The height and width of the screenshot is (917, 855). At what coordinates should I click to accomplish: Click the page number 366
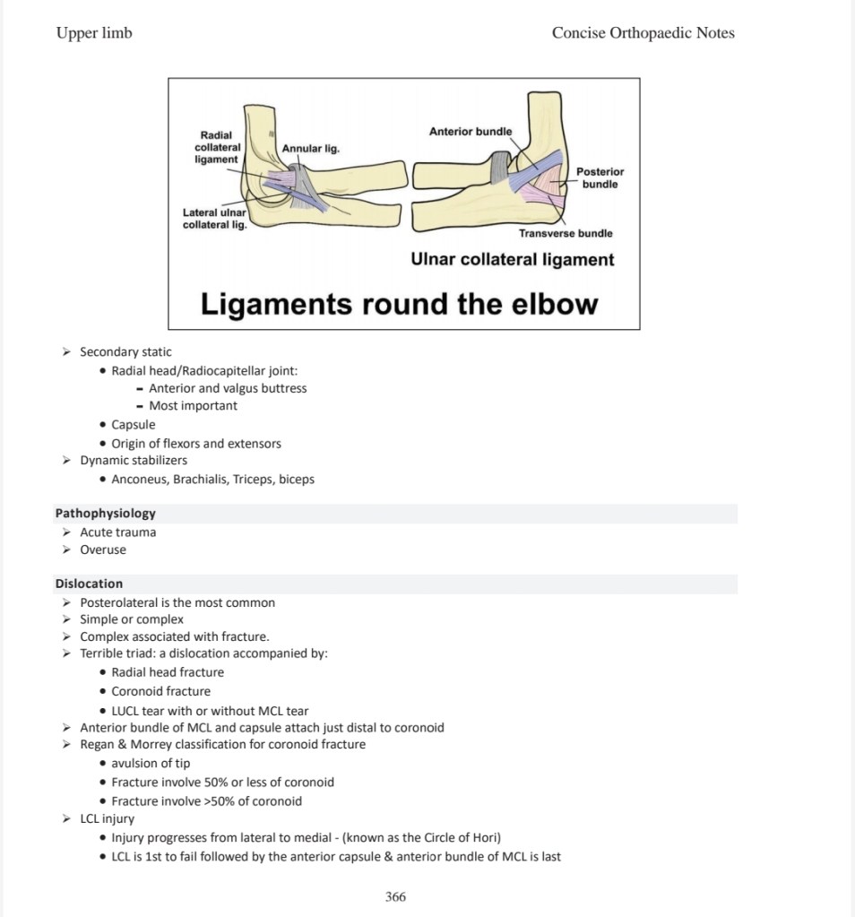click(395, 896)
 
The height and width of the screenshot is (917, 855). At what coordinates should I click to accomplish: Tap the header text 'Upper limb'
click(94, 33)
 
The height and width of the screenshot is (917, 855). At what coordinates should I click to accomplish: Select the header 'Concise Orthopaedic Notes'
click(643, 33)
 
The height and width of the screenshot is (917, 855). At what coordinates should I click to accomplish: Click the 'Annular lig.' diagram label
click(310, 148)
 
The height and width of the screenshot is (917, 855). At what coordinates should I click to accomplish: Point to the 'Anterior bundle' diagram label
click(471, 132)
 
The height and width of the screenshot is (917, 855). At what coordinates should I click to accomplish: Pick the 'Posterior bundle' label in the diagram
click(600, 177)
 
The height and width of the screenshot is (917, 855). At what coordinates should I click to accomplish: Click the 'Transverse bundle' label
click(566, 233)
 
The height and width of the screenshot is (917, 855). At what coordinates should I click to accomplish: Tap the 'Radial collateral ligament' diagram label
click(217, 147)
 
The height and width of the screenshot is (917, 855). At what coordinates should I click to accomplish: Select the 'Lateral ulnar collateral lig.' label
click(214, 219)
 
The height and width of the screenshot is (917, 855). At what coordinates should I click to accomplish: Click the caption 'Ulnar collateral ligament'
click(512, 260)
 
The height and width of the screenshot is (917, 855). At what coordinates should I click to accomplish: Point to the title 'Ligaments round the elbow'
click(399, 304)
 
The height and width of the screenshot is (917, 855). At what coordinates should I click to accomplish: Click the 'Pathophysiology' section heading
click(105, 514)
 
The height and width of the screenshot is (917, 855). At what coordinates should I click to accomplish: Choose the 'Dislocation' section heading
click(89, 584)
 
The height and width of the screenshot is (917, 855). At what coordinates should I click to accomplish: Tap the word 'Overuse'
click(103, 549)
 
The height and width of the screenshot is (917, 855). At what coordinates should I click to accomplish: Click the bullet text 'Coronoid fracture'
click(161, 691)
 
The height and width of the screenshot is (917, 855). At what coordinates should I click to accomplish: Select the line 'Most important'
click(193, 406)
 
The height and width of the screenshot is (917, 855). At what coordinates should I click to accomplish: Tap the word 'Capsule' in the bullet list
click(134, 425)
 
